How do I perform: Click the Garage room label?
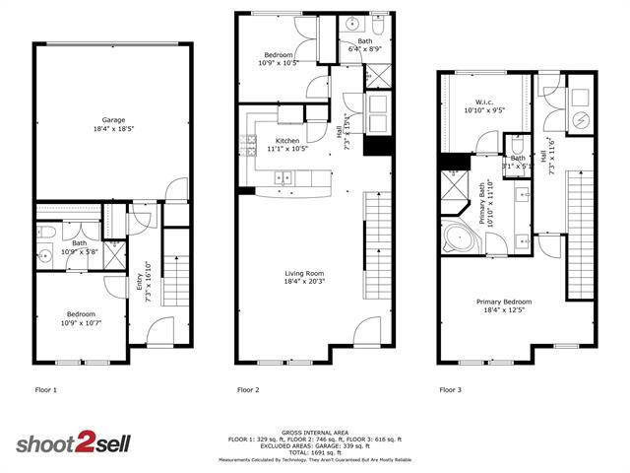coord(114,120)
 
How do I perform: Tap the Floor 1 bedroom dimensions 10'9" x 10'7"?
coord(80,323)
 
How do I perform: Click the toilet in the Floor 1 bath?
coord(46,235)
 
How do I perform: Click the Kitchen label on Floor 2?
coord(286,141)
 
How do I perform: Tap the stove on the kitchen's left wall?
coord(243,147)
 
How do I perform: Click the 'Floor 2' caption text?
coord(248,390)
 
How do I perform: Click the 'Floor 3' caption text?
coord(450,390)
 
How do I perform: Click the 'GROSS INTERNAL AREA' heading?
coord(314,432)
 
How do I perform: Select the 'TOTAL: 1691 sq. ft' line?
coord(314,452)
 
